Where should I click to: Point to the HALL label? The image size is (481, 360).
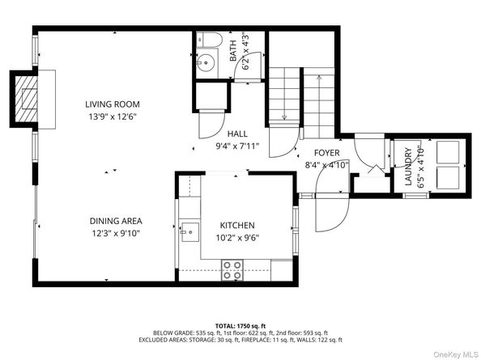point(237,134)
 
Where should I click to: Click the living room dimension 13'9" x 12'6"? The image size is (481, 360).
point(113,116)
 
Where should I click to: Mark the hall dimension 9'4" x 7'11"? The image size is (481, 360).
point(237,147)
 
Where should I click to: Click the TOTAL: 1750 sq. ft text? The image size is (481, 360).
point(240,323)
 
